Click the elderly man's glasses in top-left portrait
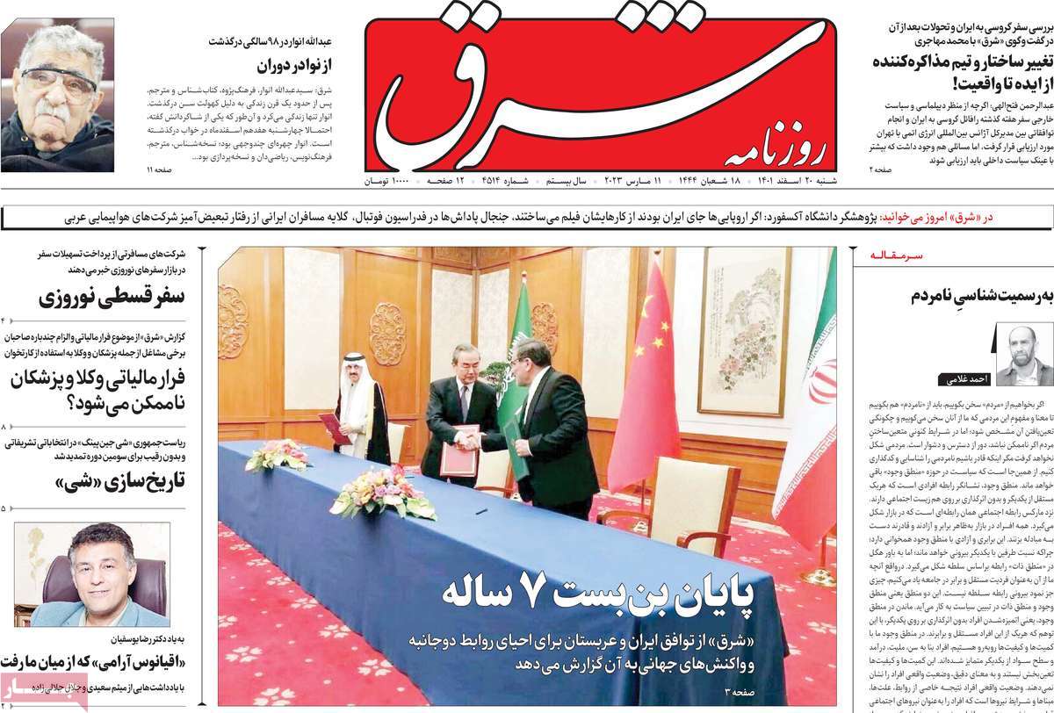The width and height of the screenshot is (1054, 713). click(x=59, y=81)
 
